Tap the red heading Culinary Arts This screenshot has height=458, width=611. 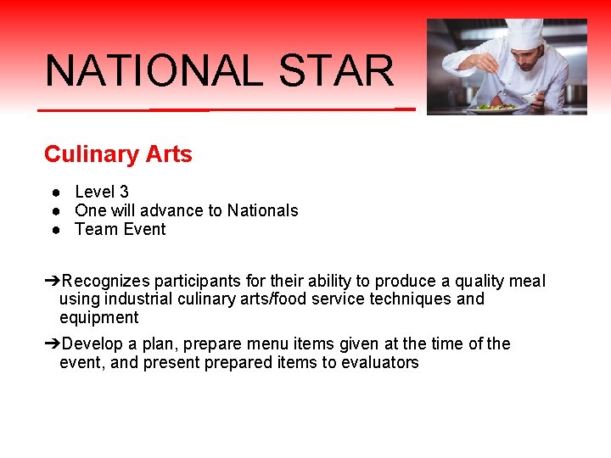[118, 154]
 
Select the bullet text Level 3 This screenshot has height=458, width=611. [102, 193]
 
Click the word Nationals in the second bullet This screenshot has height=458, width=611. [261, 210]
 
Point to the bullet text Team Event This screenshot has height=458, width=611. [121, 229]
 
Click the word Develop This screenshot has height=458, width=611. [92, 343]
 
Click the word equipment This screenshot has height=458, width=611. [98, 318]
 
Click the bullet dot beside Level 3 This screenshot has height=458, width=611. [53, 193]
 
